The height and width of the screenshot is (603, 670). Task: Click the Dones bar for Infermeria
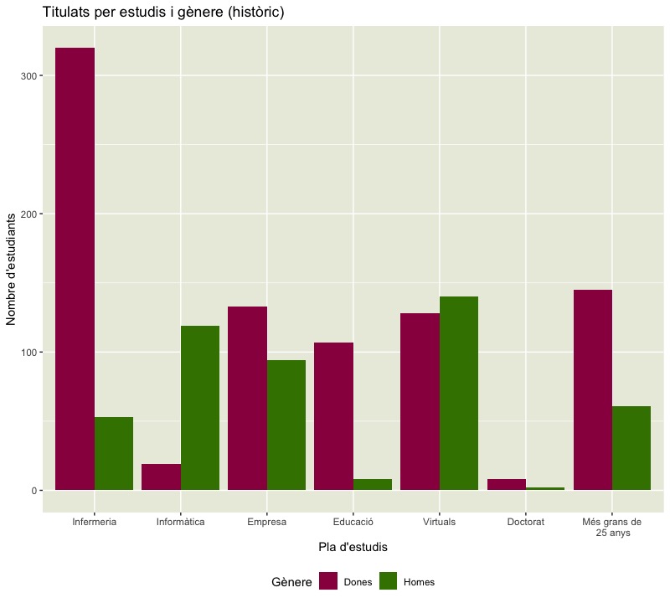click(75, 268)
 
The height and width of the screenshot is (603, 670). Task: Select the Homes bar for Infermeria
click(114, 453)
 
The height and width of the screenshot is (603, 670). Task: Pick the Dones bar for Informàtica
click(161, 477)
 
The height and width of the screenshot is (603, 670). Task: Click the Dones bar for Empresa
click(247, 398)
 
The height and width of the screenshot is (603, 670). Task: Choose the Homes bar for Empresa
click(286, 425)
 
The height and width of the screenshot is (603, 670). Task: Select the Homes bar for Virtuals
click(459, 393)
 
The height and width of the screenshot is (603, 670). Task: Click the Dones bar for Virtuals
click(420, 401)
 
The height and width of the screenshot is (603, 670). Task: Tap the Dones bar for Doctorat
click(506, 484)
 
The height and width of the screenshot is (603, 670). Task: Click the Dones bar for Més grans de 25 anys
click(592, 389)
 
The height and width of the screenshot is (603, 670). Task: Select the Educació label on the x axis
click(353, 522)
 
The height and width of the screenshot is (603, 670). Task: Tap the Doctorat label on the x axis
click(526, 522)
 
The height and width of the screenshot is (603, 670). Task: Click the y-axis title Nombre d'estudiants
click(12, 268)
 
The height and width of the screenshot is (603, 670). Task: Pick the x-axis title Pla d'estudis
click(353, 547)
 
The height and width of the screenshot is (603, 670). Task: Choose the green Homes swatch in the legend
click(389, 581)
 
